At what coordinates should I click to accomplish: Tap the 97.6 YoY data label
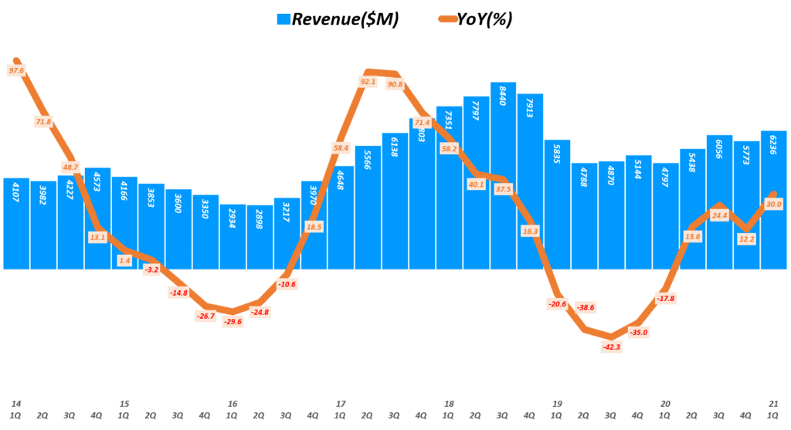pyautogui.click(x=17, y=70)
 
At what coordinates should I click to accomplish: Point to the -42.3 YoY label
pyautogui.click(x=612, y=347)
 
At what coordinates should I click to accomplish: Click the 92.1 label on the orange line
pyautogui.click(x=368, y=82)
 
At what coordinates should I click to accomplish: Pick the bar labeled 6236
pyautogui.click(x=773, y=201)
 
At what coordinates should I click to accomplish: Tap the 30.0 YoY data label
pyautogui.click(x=772, y=204)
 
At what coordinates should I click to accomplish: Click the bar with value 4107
pyautogui.click(x=16, y=224)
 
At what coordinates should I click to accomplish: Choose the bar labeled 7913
pyautogui.click(x=530, y=181)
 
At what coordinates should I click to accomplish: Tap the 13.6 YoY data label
pyautogui.click(x=692, y=236)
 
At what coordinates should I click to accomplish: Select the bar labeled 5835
pyautogui.click(x=557, y=205)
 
